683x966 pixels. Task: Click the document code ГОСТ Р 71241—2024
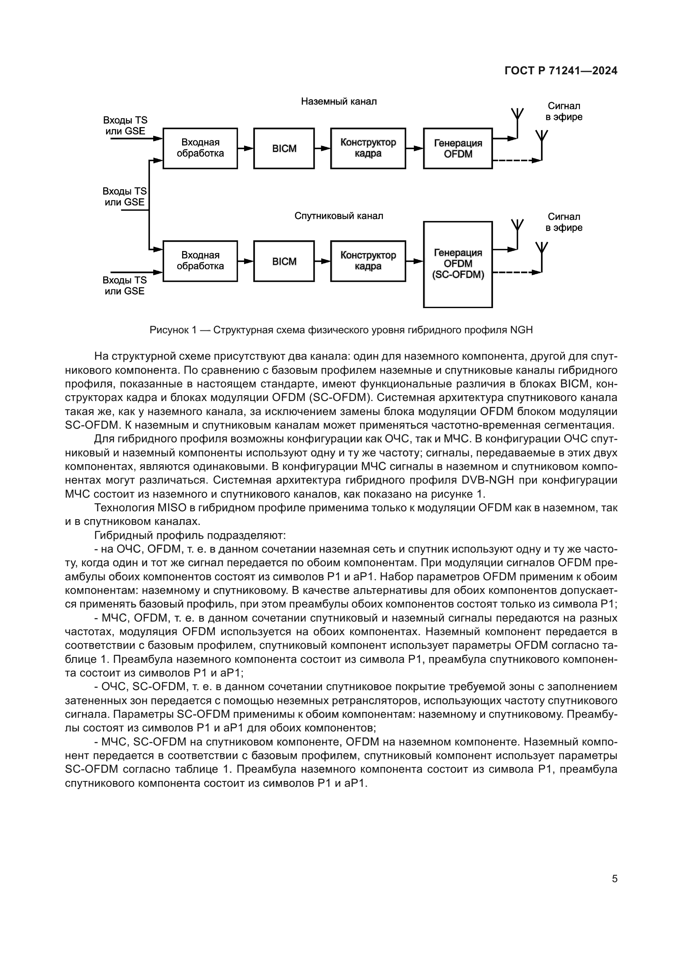[x=561, y=71]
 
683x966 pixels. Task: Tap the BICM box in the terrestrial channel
[x=284, y=149]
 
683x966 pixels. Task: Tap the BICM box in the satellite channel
[x=284, y=261]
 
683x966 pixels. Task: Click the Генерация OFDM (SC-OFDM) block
[x=458, y=264]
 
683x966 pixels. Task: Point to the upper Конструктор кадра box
[x=368, y=148]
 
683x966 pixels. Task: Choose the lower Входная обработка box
[x=200, y=261]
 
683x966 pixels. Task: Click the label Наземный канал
[x=339, y=102]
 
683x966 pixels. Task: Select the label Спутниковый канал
[x=339, y=216]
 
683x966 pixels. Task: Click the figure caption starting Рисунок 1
[x=341, y=330]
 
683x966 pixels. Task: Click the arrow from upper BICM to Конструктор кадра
[x=323, y=148]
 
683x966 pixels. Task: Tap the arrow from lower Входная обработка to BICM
[x=246, y=261]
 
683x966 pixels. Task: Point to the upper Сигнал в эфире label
[x=564, y=112]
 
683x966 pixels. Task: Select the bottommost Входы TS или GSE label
[x=125, y=286]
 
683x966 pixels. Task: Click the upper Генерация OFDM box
[x=458, y=149]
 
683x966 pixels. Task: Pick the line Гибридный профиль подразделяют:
[x=190, y=535]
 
